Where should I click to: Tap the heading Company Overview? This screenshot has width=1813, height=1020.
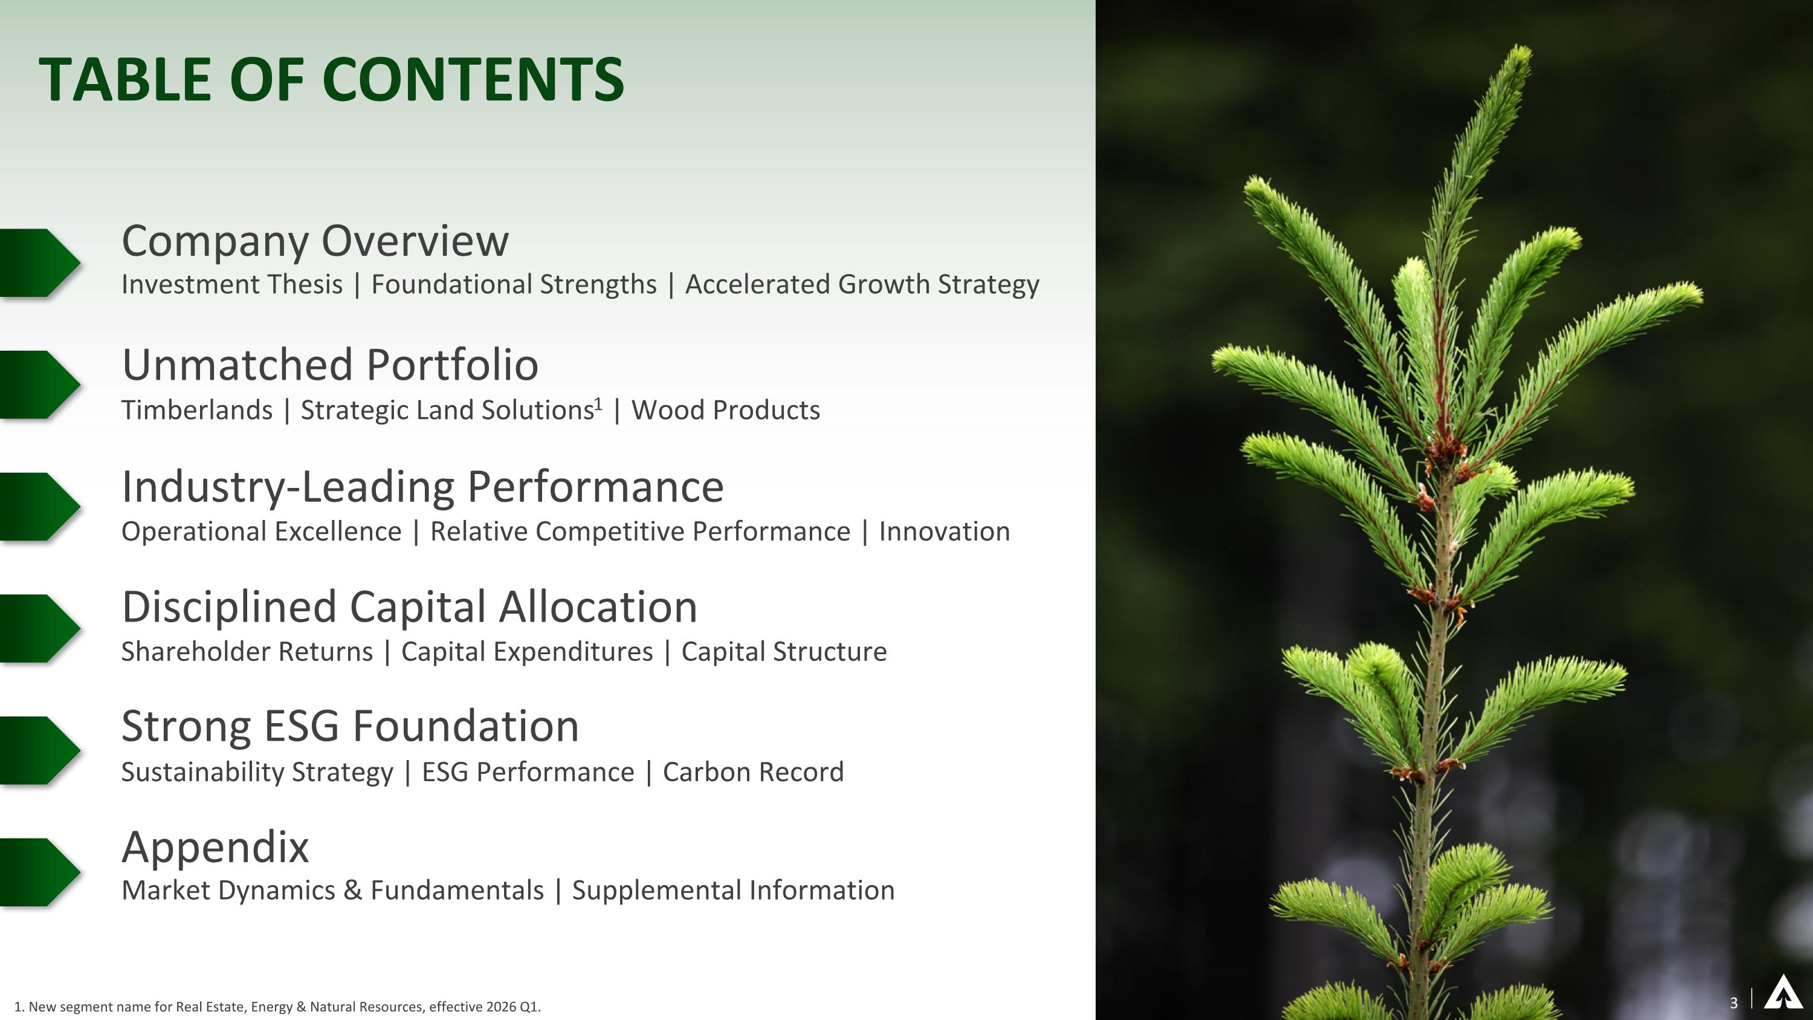click(x=315, y=241)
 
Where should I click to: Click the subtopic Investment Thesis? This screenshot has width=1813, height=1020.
click(x=231, y=284)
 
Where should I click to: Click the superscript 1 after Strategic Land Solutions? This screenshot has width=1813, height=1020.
click(x=599, y=403)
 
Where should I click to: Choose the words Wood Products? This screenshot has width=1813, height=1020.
click(x=725, y=411)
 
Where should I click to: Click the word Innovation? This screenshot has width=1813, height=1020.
click(x=944, y=531)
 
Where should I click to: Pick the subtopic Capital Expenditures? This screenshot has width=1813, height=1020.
click(x=526, y=652)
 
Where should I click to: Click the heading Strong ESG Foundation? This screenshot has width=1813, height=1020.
click(x=350, y=727)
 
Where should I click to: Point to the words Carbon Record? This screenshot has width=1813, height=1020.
click(x=752, y=772)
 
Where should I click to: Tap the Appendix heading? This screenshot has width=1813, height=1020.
click(x=215, y=847)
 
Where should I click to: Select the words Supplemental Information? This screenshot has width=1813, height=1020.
click(x=732, y=891)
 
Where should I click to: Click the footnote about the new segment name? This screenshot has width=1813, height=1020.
click(x=277, y=1007)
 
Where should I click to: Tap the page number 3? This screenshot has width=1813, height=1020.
click(x=1733, y=1002)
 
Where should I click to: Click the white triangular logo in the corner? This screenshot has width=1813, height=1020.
click(x=1782, y=993)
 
